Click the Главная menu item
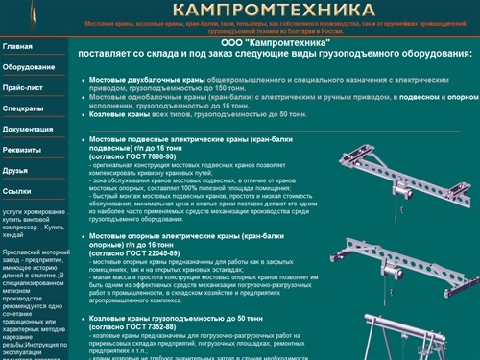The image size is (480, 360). (17, 46)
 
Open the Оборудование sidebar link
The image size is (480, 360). (27, 67)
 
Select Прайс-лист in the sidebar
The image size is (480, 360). (23, 88)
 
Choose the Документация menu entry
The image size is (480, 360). (28, 130)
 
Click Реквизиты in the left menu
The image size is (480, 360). (23, 151)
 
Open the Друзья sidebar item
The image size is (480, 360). (16, 171)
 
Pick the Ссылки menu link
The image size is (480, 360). (17, 191)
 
